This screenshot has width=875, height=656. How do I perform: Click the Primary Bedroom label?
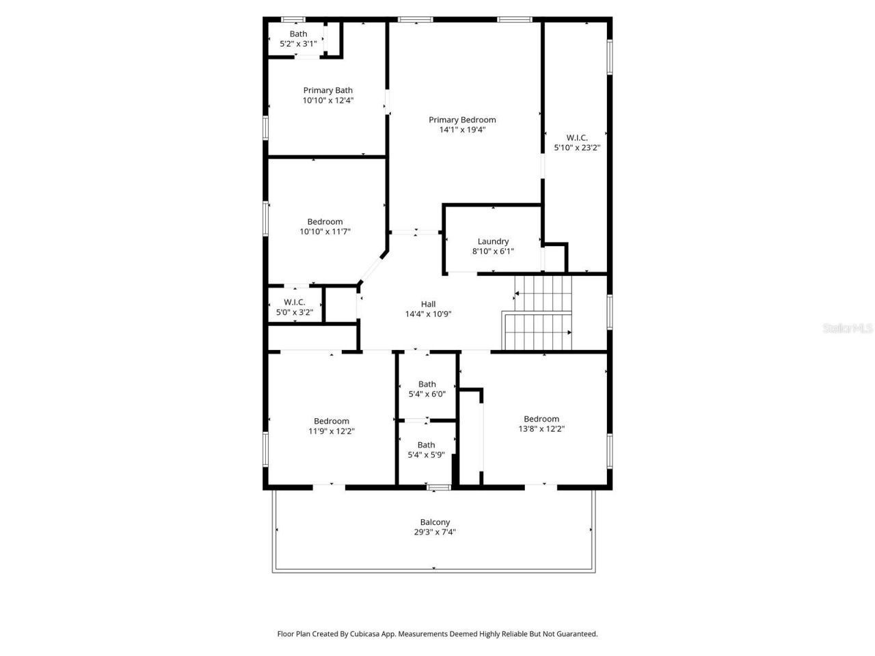(x=462, y=120)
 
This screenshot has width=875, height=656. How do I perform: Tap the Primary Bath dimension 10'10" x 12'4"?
(x=328, y=100)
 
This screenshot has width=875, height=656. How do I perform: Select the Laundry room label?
(x=493, y=241)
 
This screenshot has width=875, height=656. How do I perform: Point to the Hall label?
(x=428, y=304)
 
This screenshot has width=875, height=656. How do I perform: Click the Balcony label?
(x=435, y=522)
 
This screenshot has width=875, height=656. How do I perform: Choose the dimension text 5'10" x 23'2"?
(x=577, y=147)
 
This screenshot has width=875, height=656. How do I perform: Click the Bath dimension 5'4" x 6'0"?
(x=427, y=394)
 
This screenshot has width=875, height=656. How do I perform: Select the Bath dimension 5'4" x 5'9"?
(x=426, y=454)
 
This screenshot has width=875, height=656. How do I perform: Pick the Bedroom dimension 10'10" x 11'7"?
(x=325, y=232)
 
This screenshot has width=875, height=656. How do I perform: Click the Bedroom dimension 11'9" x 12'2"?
(x=332, y=431)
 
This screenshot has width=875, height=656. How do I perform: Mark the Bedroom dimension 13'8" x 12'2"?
(x=541, y=429)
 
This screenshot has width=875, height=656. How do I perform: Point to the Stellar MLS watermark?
(x=848, y=328)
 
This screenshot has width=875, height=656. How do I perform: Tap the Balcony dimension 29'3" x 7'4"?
(x=435, y=532)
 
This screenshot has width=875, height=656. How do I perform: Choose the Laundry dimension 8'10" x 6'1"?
(x=493, y=251)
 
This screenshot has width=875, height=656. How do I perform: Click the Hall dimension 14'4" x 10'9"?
(x=428, y=314)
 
